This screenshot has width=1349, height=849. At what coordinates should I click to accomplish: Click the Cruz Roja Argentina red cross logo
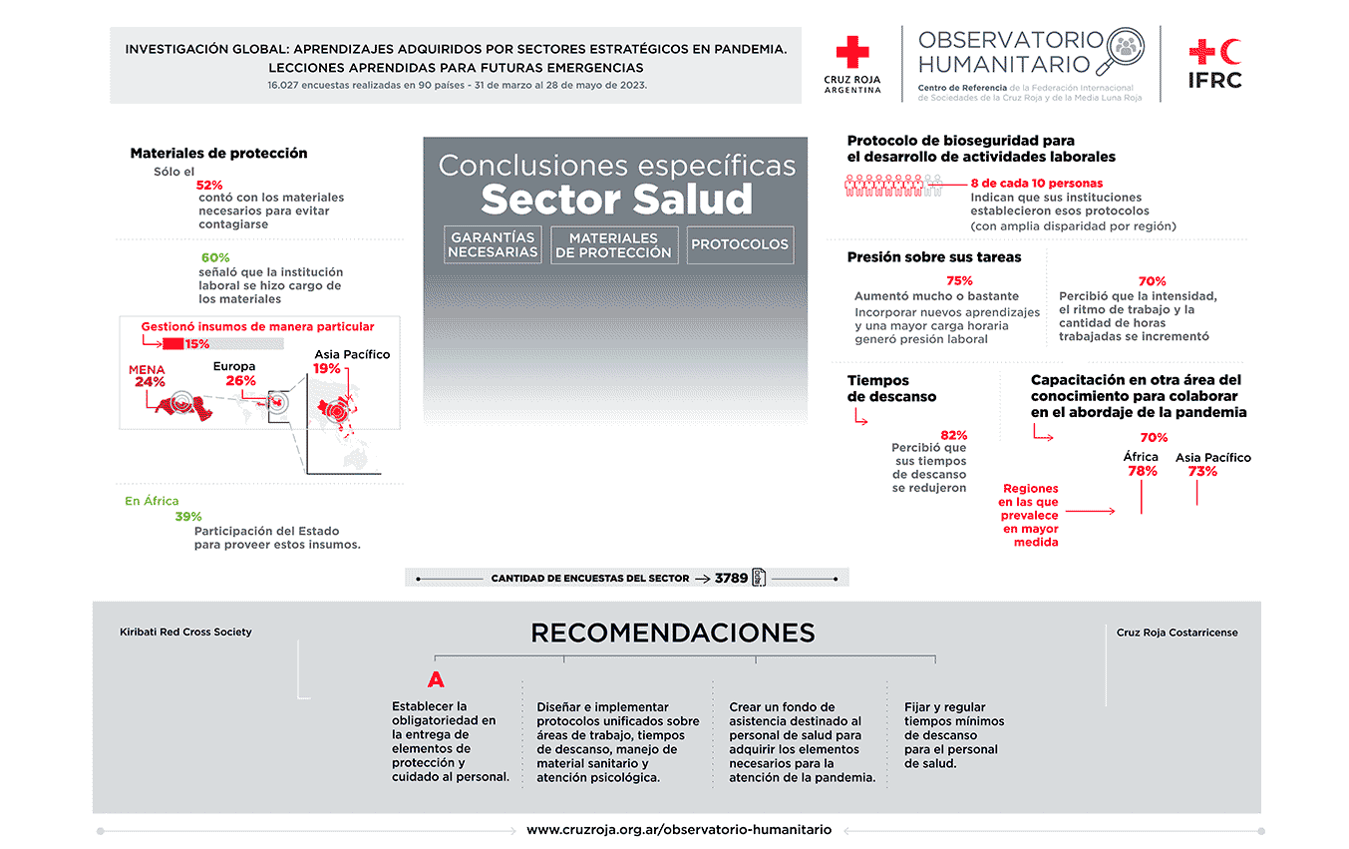click(852, 53)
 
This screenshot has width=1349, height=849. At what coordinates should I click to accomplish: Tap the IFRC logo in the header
click(1215, 63)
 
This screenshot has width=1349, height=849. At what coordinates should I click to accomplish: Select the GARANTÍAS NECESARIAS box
click(493, 244)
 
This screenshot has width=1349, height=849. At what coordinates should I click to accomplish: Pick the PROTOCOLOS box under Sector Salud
click(739, 244)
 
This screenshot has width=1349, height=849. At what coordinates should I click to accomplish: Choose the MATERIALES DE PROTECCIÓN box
click(613, 245)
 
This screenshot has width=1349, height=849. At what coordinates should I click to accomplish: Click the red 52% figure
click(209, 185)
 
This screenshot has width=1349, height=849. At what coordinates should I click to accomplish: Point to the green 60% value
click(215, 257)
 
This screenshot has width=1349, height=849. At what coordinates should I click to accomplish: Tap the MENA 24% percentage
click(150, 382)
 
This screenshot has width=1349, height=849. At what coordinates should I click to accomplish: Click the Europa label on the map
click(234, 366)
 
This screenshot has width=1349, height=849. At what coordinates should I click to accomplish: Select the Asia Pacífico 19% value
click(327, 368)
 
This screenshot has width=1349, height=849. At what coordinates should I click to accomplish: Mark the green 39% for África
click(188, 517)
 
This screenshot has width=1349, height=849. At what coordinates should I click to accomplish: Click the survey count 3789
click(731, 578)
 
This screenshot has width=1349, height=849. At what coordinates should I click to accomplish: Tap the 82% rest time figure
click(953, 435)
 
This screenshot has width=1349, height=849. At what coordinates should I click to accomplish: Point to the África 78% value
click(1142, 471)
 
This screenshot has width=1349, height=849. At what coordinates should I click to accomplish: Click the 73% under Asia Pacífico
click(1202, 471)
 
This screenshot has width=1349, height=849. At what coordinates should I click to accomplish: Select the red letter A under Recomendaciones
click(435, 680)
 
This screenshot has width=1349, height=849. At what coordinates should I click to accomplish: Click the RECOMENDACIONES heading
click(672, 633)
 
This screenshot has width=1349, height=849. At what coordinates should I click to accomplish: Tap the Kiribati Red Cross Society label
click(185, 633)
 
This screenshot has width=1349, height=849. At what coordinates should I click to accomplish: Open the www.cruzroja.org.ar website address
click(678, 829)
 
